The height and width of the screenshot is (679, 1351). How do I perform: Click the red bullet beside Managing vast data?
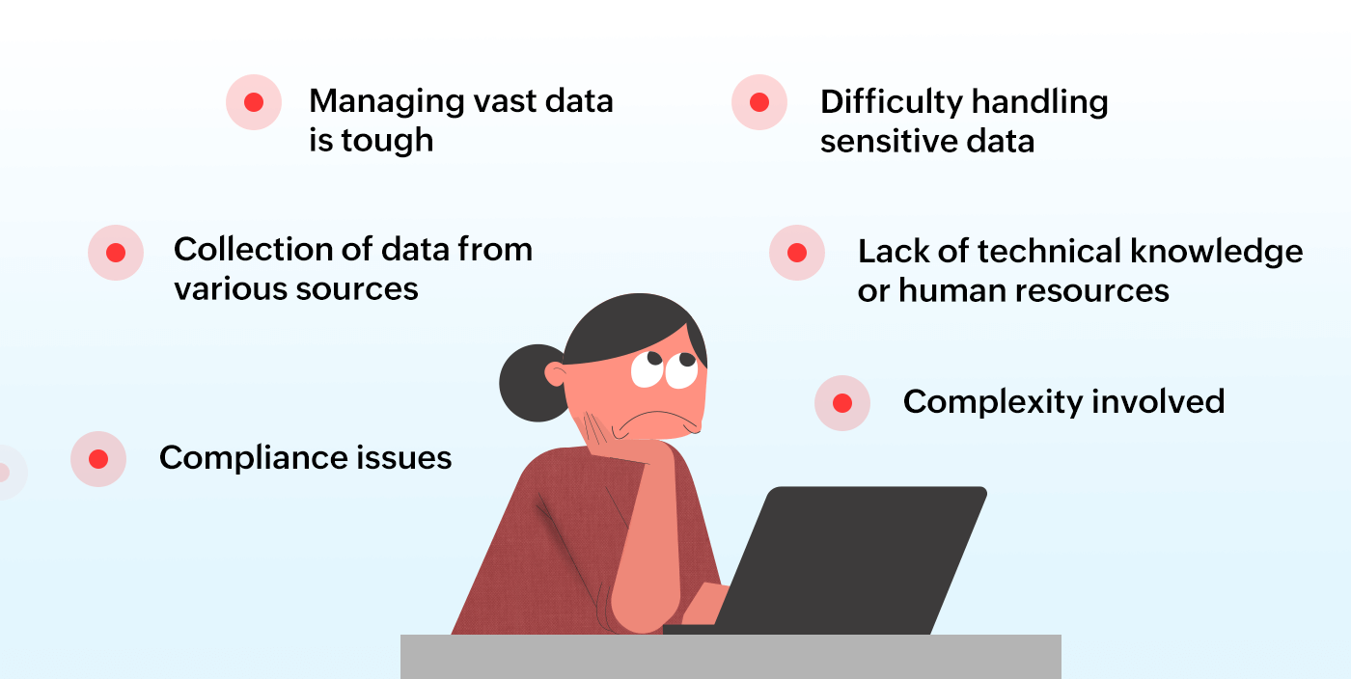coord(254,102)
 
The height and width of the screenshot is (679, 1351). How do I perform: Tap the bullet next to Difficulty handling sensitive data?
coord(759,102)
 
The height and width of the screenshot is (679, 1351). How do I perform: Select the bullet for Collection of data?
coord(116,253)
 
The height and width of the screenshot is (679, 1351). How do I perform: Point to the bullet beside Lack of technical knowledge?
coord(797,253)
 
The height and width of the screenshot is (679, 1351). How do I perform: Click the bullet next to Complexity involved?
coord(842,403)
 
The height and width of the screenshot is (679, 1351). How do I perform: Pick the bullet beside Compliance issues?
coord(98,459)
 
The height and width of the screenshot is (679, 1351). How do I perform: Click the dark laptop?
coord(849,559)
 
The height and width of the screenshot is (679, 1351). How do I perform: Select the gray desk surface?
coord(731,657)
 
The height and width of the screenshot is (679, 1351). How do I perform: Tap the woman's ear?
coord(557,373)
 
